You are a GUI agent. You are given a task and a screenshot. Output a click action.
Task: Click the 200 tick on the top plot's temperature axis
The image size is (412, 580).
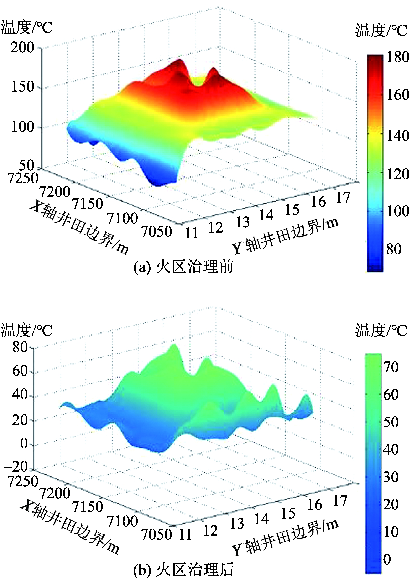pos(22,47)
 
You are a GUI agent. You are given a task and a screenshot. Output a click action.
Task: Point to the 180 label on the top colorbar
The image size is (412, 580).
pos(397,57)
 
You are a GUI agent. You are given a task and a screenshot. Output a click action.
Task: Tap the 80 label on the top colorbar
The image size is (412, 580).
pos(394,249)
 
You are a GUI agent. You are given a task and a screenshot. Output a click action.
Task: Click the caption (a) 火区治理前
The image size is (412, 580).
pos(183,267)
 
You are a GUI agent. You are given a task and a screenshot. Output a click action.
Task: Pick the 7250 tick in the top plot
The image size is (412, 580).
pos(23,178)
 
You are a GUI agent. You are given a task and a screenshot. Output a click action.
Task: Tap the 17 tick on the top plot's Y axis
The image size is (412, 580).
pos(343,198)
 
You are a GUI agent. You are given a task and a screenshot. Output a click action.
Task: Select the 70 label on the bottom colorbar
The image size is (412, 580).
pos(391,367)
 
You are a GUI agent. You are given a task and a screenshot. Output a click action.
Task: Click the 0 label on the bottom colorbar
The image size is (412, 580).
pos(387,559)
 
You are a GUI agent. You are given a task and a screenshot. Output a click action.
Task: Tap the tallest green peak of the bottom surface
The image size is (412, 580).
pos(174,345)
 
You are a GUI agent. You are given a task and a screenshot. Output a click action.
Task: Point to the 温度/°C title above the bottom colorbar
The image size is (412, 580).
pos(381,330)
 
